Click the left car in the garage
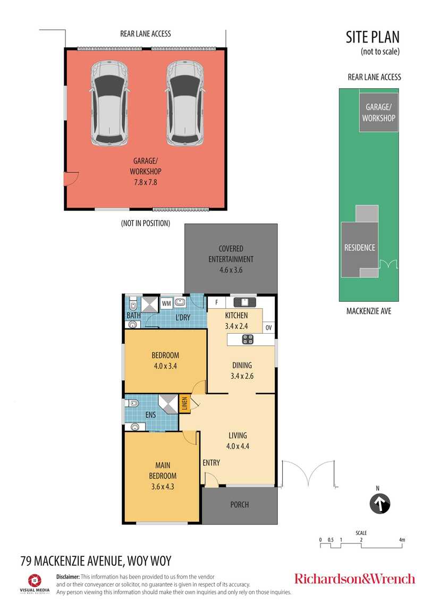[x=109, y=103]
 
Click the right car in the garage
[x=185, y=103]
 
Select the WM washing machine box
[x=166, y=303]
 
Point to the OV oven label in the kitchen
[x=268, y=328]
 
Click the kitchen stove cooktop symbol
[x=248, y=339]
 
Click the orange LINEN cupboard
[x=184, y=403]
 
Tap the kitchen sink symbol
[x=244, y=302]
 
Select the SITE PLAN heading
[x=372, y=37]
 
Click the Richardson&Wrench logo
[x=354, y=579]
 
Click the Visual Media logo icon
[x=35, y=580]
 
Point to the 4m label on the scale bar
[x=402, y=540]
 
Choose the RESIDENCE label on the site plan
[x=360, y=248]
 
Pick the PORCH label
[x=239, y=504]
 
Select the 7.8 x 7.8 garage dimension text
[x=145, y=182]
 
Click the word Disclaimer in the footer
[x=67, y=576]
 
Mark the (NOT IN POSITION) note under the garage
[x=145, y=223]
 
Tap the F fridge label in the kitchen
[x=216, y=302]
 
